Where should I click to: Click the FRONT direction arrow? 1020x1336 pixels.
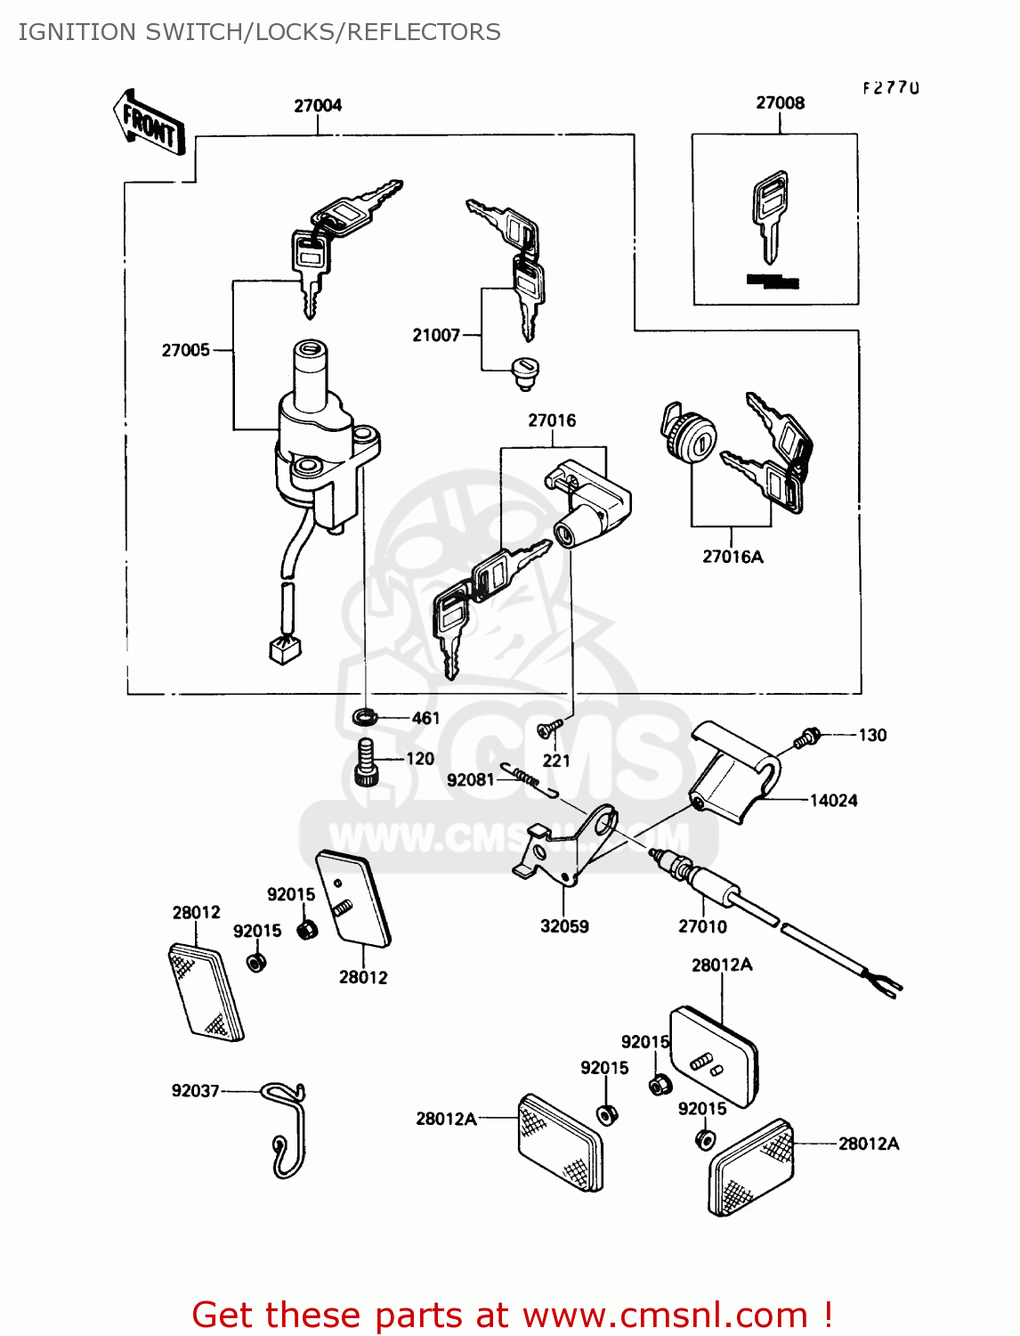[x=149, y=124]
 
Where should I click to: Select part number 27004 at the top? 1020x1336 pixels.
[x=318, y=106]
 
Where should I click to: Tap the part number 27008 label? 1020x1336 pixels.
[x=780, y=103]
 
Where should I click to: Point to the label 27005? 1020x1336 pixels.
[x=186, y=351]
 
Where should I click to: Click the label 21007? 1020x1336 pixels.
[x=436, y=336]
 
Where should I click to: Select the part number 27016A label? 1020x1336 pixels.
[x=733, y=558]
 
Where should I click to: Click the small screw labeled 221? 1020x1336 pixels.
[x=546, y=730]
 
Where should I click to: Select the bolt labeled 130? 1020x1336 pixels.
[x=808, y=737]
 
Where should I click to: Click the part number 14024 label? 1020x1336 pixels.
[x=833, y=801]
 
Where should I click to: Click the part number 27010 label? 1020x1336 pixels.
[x=702, y=927]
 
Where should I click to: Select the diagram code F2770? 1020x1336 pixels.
[x=890, y=88]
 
